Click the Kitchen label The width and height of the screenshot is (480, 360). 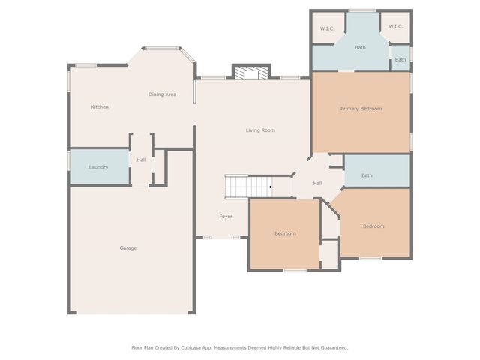coord(100,106)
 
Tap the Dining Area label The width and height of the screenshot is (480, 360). coord(162,94)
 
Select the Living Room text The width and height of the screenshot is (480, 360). coord(260,130)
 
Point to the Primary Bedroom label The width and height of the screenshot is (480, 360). coord(361,109)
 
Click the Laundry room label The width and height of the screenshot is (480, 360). coord(98,167)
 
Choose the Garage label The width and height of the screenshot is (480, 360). coord(128,248)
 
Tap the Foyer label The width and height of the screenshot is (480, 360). coord(226,217)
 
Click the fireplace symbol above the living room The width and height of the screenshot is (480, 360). coord(251,73)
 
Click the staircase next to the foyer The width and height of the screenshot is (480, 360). coord(248,187)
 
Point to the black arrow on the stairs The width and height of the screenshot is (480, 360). coord(271,187)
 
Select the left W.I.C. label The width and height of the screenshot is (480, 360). coord(327,28)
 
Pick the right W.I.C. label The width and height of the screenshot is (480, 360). coord(396,26)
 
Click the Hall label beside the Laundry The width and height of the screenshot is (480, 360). coord(142,160)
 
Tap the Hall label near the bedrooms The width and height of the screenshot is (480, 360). coord(318,183)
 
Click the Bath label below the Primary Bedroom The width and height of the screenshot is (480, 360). coord(367,175)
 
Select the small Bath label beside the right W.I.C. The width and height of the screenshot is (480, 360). coord(400,60)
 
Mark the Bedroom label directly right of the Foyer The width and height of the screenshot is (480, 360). coord(285,233)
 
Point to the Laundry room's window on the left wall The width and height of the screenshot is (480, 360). coord(69,160)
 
